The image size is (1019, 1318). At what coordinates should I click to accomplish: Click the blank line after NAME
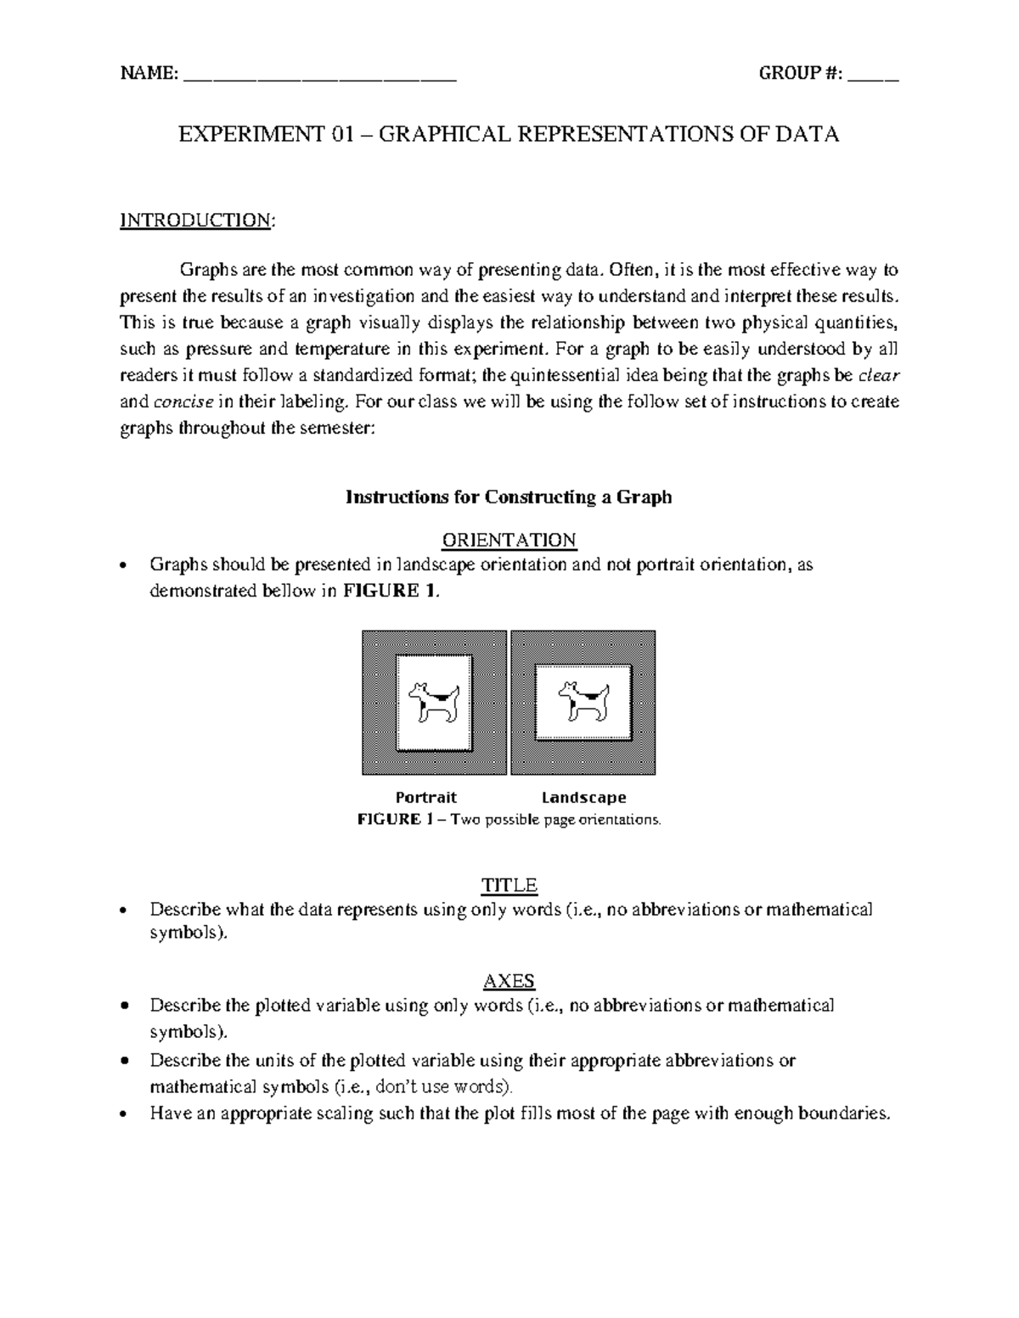click(319, 76)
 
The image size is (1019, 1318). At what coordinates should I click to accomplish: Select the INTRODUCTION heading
click(196, 221)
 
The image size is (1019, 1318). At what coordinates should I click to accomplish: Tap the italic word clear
click(880, 375)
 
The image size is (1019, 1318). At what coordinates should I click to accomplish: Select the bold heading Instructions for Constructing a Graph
click(509, 497)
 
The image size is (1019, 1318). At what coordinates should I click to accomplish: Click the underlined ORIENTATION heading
click(509, 541)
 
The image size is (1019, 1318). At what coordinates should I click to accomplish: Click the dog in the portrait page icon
click(434, 702)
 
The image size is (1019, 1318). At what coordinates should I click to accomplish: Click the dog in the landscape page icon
click(583, 702)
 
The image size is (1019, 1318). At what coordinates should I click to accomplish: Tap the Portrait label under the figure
click(426, 798)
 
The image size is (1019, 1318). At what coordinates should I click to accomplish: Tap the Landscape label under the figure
click(584, 798)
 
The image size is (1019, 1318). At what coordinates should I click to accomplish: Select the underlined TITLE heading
click(509, 886)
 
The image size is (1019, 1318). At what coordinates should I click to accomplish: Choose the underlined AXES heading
click(509, 982)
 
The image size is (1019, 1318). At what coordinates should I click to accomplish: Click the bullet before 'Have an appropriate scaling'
click(126, 1114)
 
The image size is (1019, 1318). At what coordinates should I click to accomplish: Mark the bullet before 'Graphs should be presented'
click(126, 566)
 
